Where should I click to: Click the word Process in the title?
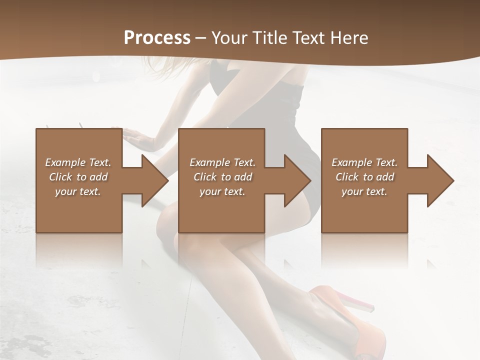tap(157, 38)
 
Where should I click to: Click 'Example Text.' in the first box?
tap(78, 162)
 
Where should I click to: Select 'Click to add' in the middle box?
tap(222, 177)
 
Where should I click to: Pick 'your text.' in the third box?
tap(364, 191)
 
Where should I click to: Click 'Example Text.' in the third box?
tap(364, 162)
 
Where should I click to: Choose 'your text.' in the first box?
tap(78, 191)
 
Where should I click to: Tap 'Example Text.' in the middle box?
tap(222, 162)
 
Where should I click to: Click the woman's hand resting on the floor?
tap(137, 137)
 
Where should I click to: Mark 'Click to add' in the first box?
tap(78, 177)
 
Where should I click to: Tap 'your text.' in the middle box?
tap(222, 191)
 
